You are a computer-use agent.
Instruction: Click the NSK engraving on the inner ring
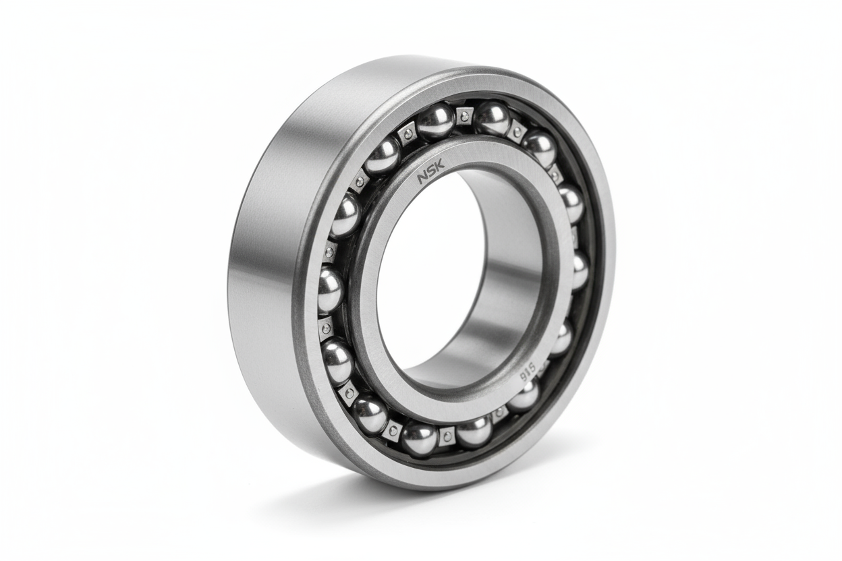pyautogui.click(x=431, y=173)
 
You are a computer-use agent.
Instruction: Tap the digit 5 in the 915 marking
pyautogui.click(x=532, y=367)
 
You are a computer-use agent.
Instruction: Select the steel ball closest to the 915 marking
pyautogui.click(x=524, y=397)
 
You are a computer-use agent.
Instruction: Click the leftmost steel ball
pyautogui.click(x=330, y=290)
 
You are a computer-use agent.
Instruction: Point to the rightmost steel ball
pyautogui.click(x=580, y=270)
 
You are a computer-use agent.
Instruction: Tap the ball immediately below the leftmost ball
pyautogui.click(x=337, y=361)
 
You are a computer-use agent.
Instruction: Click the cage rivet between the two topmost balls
pyautogui.click(x=464, y=116)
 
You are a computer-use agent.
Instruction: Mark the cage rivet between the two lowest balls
pyautogui.click(x=447, y=436)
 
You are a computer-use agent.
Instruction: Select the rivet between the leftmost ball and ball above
pyautogui.click(x=330, y=252)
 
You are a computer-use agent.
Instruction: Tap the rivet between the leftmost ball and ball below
pyautogui.click(x=326, y=328)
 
